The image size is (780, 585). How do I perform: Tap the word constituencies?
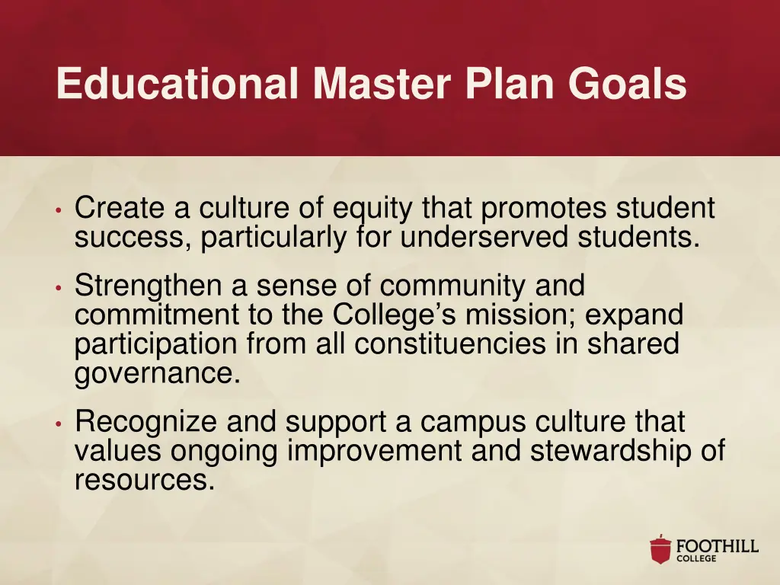pyautogui.click(x=449, y=344)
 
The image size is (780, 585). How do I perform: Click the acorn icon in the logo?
pyautogui.click(x=660, y=549)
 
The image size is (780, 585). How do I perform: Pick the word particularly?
pyautogui.click(x=273, y=238)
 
